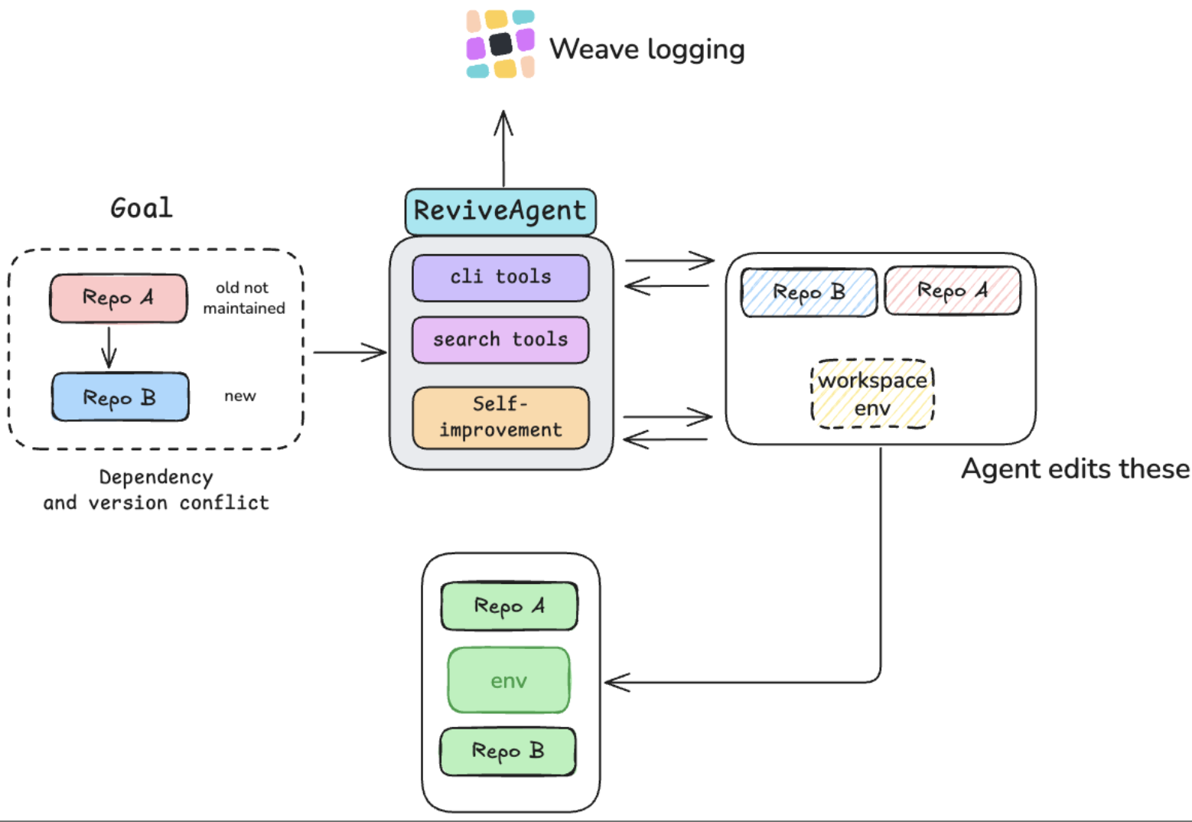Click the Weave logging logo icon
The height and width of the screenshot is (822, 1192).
coord(500,44)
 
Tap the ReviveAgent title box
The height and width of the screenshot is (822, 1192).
coord(500,210)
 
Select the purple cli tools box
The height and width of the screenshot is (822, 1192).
coord(500,277)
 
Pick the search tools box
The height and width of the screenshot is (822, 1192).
coord(500,340)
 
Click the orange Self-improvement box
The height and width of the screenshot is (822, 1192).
coord(500,417)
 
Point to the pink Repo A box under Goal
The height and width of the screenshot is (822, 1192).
coord(119,298)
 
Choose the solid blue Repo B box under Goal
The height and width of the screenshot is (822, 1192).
coord(120,397)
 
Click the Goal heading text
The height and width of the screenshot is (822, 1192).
coord(142,208)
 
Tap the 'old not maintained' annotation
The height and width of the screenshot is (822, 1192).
coord(243,298)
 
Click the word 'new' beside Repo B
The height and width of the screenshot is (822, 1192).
coord(239,396)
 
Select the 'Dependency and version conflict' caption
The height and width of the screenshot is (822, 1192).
coord(156,490)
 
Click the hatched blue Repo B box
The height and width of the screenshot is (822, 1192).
coord(809,292)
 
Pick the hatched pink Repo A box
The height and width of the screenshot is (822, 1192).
coord(953,291)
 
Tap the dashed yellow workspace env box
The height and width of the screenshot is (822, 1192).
coord(872,393)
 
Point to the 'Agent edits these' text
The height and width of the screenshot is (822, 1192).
coord(1075,468)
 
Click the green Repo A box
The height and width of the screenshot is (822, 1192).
coord(509,606)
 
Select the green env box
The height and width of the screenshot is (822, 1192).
coord(509,680)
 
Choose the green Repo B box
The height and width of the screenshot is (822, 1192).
coord(508,751)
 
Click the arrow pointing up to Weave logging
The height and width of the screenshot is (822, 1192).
coord(503,149)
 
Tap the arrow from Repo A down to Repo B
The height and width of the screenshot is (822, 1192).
coord(109,347)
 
